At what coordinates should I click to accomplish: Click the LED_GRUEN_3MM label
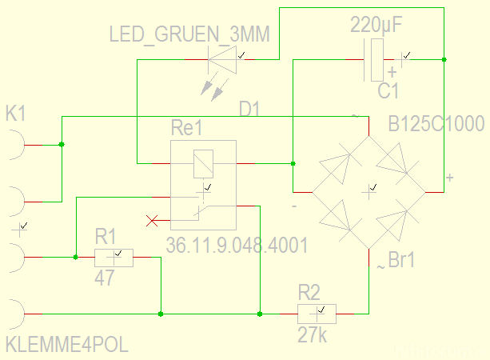(x=189, y=34)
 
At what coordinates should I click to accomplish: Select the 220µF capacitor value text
(x=376, y=26)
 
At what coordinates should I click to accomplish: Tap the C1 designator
(x=388, y=91)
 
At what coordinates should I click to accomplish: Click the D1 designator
(x=249, y=109)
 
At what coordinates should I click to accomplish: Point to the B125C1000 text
(x=436, y=126)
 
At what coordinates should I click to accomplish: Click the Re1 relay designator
(x=188, y=129)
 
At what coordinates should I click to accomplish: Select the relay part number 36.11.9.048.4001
(x=237, y=245)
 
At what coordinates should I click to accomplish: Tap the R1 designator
(x=106, y=236)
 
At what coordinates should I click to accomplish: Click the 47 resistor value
(x=105, y=278)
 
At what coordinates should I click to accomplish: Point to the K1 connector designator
(x=16, y=114)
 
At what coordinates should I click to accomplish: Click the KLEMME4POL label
(x=66, y=346)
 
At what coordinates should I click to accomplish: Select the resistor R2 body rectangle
(x=317, y=314)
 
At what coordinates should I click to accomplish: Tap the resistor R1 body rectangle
(x=114, y=258)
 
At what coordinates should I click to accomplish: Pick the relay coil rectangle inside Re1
(x=203, y=163)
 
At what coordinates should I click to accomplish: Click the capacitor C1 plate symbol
(x=376, y=60)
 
